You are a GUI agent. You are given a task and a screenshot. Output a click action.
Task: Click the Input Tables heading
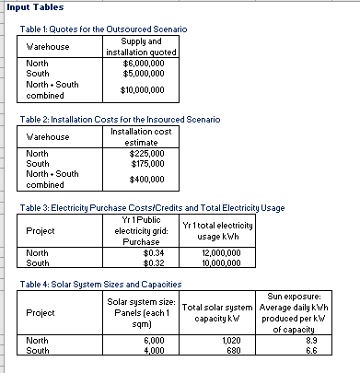(30, 6)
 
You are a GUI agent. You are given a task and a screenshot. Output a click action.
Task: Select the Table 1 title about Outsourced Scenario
(103, 30)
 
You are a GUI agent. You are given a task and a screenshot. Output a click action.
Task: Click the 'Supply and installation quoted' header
(142, 47)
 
